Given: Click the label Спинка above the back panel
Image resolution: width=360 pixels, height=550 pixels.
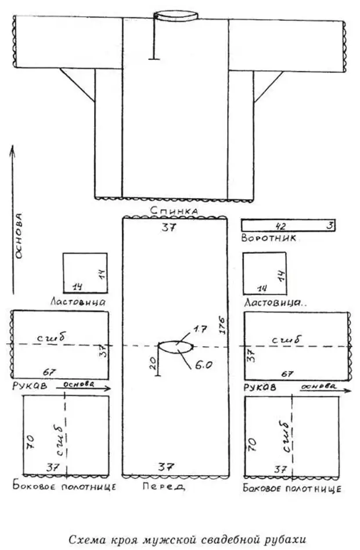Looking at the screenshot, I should (174, 210).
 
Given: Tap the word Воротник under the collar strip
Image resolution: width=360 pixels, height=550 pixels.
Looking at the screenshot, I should (269, 238).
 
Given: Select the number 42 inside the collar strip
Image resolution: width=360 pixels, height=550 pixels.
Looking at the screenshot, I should (280, 225).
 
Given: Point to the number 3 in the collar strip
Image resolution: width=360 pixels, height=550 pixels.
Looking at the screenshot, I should (329, 225).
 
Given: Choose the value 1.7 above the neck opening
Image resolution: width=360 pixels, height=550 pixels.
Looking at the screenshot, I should (200, 329).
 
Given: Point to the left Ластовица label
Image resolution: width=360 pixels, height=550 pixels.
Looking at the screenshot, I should (77, 301).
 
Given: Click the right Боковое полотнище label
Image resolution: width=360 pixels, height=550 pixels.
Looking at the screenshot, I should (292, 488).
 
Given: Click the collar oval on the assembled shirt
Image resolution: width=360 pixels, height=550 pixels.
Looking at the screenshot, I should (177, 15).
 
